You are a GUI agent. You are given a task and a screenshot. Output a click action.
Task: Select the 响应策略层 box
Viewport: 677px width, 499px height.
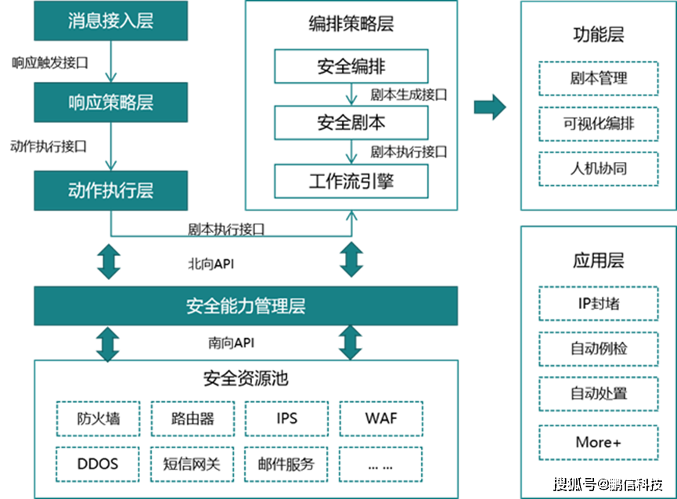[110, 102]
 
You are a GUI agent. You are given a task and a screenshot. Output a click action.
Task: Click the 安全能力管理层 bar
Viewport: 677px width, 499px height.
[245, 305]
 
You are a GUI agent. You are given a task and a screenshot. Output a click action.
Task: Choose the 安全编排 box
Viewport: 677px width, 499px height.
[351, 66]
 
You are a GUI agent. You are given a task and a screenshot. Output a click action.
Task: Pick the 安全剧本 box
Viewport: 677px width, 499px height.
[351, 123]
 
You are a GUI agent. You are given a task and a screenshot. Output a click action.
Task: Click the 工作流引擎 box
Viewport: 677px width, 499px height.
[351, 181]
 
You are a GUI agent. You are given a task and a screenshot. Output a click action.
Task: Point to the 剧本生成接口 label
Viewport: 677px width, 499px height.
[408, 95]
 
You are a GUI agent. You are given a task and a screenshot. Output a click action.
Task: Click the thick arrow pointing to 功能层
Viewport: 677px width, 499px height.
[489, 107]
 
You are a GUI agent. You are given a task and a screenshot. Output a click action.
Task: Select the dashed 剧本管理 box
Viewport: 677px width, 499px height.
[598, 79]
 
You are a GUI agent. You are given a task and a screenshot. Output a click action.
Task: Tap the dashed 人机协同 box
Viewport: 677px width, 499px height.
[598, 169]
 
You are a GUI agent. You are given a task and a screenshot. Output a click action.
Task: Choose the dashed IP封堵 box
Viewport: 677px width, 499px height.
[598, 303]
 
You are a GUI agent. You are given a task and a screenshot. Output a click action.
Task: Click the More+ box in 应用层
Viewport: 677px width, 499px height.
[598, 442]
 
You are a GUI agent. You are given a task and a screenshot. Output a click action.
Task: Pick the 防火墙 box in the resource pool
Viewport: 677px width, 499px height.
[98, 418]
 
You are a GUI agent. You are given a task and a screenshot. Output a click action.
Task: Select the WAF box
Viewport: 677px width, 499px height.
[381, 418]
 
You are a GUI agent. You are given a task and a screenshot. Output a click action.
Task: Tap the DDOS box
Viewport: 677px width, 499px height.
[98, 464]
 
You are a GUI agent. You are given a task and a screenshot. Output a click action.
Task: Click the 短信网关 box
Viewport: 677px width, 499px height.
[192, 464]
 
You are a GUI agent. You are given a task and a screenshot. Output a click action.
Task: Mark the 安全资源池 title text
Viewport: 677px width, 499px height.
[245, 379]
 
